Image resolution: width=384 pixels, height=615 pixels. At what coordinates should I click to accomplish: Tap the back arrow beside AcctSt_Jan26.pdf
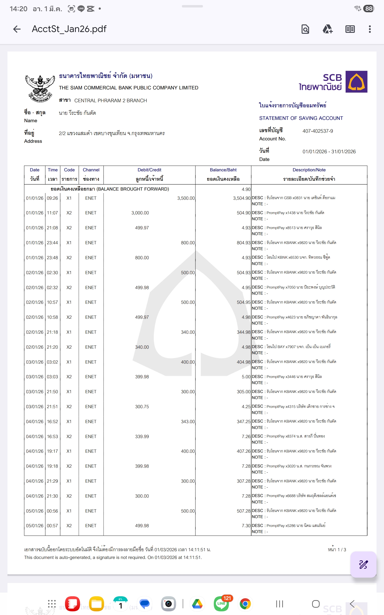(17, 29)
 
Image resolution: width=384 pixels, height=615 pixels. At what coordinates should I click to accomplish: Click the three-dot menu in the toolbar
(370, 29)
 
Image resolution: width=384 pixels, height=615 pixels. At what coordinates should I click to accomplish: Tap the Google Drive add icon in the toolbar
(328, 29)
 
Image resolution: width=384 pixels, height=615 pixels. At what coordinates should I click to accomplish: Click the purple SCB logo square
(356, 82)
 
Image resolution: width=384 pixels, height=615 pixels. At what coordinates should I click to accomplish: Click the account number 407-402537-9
(318, 131)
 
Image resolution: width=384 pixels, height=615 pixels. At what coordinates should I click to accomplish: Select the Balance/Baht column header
(223, 170)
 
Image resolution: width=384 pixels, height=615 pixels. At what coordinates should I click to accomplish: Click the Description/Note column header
(309, 170)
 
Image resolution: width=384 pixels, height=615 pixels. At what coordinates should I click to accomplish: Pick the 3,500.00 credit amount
(186, 198)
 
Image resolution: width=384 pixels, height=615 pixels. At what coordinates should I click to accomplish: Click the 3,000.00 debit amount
(140, 213)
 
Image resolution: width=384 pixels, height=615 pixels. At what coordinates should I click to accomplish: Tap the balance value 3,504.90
(242, 198)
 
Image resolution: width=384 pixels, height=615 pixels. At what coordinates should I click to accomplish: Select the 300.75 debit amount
(142, 407)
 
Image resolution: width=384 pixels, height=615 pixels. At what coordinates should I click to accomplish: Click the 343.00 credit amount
(188, 421)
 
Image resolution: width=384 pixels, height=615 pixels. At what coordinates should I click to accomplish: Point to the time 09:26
(52, 198)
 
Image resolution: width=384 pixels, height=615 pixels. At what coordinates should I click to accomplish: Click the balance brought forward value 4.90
(246, 189)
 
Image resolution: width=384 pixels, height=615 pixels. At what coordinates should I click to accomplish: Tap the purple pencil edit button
(363, 565)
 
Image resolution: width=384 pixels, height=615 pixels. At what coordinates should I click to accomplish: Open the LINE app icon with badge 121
(221, 604)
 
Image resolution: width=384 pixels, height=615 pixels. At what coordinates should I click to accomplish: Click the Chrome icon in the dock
(245, 604)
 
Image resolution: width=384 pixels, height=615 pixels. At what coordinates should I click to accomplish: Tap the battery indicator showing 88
(369, 9)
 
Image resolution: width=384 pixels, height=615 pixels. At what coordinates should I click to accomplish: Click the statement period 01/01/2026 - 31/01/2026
(329, 152)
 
